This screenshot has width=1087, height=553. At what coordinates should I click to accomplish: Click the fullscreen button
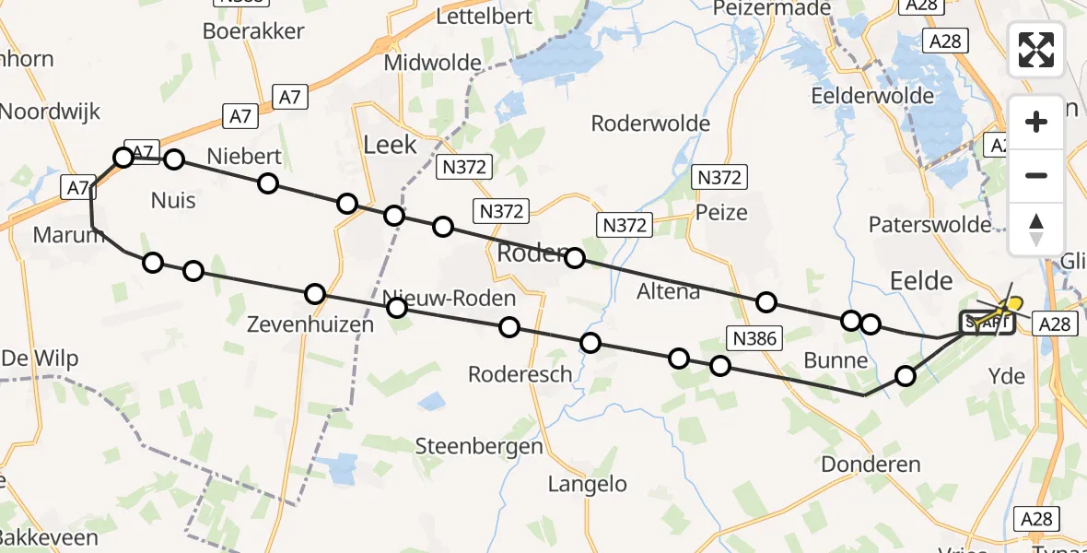coord(1036,50)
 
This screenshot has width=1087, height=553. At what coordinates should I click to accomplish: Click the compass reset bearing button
coord(1036,229)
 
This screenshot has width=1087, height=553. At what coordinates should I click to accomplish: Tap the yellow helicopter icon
coord(1010,303)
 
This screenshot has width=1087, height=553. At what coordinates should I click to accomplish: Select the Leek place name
coord(391,145)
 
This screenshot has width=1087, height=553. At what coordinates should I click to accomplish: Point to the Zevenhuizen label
coord(310,324)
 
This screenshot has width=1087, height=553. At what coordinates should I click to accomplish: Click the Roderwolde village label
coord(650,124)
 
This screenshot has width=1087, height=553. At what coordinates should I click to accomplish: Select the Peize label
coord(722,213)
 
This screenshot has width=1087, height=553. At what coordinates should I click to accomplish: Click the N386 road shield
coord(754,338)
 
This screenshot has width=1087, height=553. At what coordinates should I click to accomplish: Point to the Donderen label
coord(871,464)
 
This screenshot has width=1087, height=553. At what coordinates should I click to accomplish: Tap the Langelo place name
coord(587,484)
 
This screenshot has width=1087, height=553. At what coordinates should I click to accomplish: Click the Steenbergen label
coord(479,446)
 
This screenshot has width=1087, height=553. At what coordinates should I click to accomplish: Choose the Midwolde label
coord(433,63)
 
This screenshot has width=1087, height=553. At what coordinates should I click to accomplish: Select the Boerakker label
coord(253,31)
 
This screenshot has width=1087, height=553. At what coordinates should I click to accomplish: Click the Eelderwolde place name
coord(867,96)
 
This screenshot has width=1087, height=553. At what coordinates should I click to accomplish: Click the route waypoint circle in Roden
coord(575,258)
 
